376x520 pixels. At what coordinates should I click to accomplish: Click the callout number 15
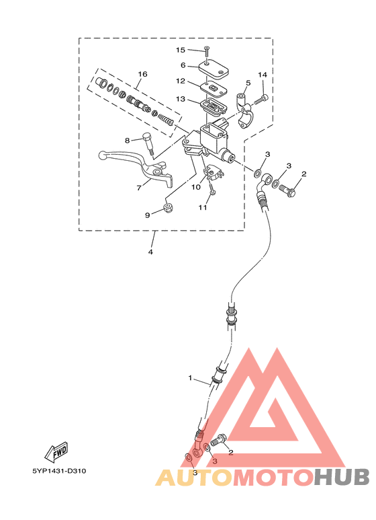[x=181, y=50]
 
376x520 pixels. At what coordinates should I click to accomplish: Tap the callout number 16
[x=142, y=74]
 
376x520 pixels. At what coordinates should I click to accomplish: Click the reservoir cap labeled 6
[x=214, y=70]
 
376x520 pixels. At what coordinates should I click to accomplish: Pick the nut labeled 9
[x=169, y=209]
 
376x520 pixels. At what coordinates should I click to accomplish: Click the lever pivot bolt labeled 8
[x=148, y=143]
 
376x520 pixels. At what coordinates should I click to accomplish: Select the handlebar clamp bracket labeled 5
[x=244, y=111]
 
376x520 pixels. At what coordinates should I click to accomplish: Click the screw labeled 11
[x=211, y=188]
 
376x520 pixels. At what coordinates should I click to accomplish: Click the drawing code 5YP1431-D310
[x=59, y=471]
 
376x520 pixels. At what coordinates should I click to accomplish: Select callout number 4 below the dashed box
[x=150, y=252]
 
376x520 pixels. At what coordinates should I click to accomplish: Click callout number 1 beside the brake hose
[x=190, y=378]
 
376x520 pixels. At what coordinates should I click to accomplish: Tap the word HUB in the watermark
[x=341, y=478]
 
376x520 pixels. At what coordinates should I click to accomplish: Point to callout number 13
[x=181, y=99]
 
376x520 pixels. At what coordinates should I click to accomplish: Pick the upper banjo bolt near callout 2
[x=288, y=190]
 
